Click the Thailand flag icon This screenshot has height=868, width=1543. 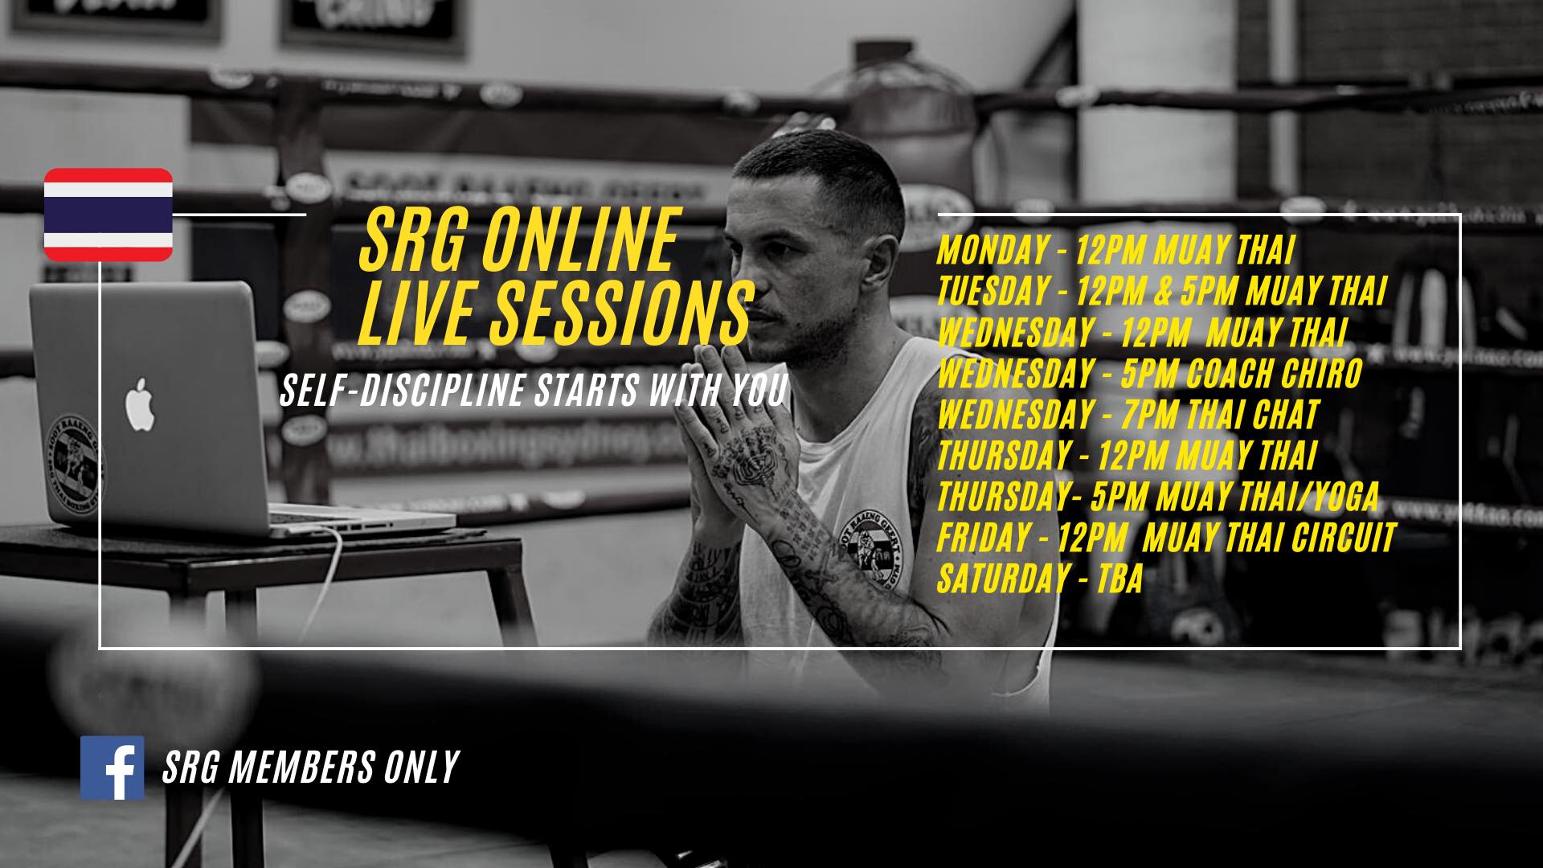pos(108,215)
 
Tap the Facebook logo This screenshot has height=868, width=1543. pos(112,768)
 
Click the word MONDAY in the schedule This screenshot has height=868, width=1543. pos(992,251)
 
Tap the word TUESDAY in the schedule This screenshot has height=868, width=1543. pos(993,292)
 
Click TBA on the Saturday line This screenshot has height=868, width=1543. pos(1119,579)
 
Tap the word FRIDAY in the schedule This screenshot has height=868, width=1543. pos(983,538)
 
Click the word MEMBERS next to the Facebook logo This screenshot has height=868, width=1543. pos(301,768)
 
